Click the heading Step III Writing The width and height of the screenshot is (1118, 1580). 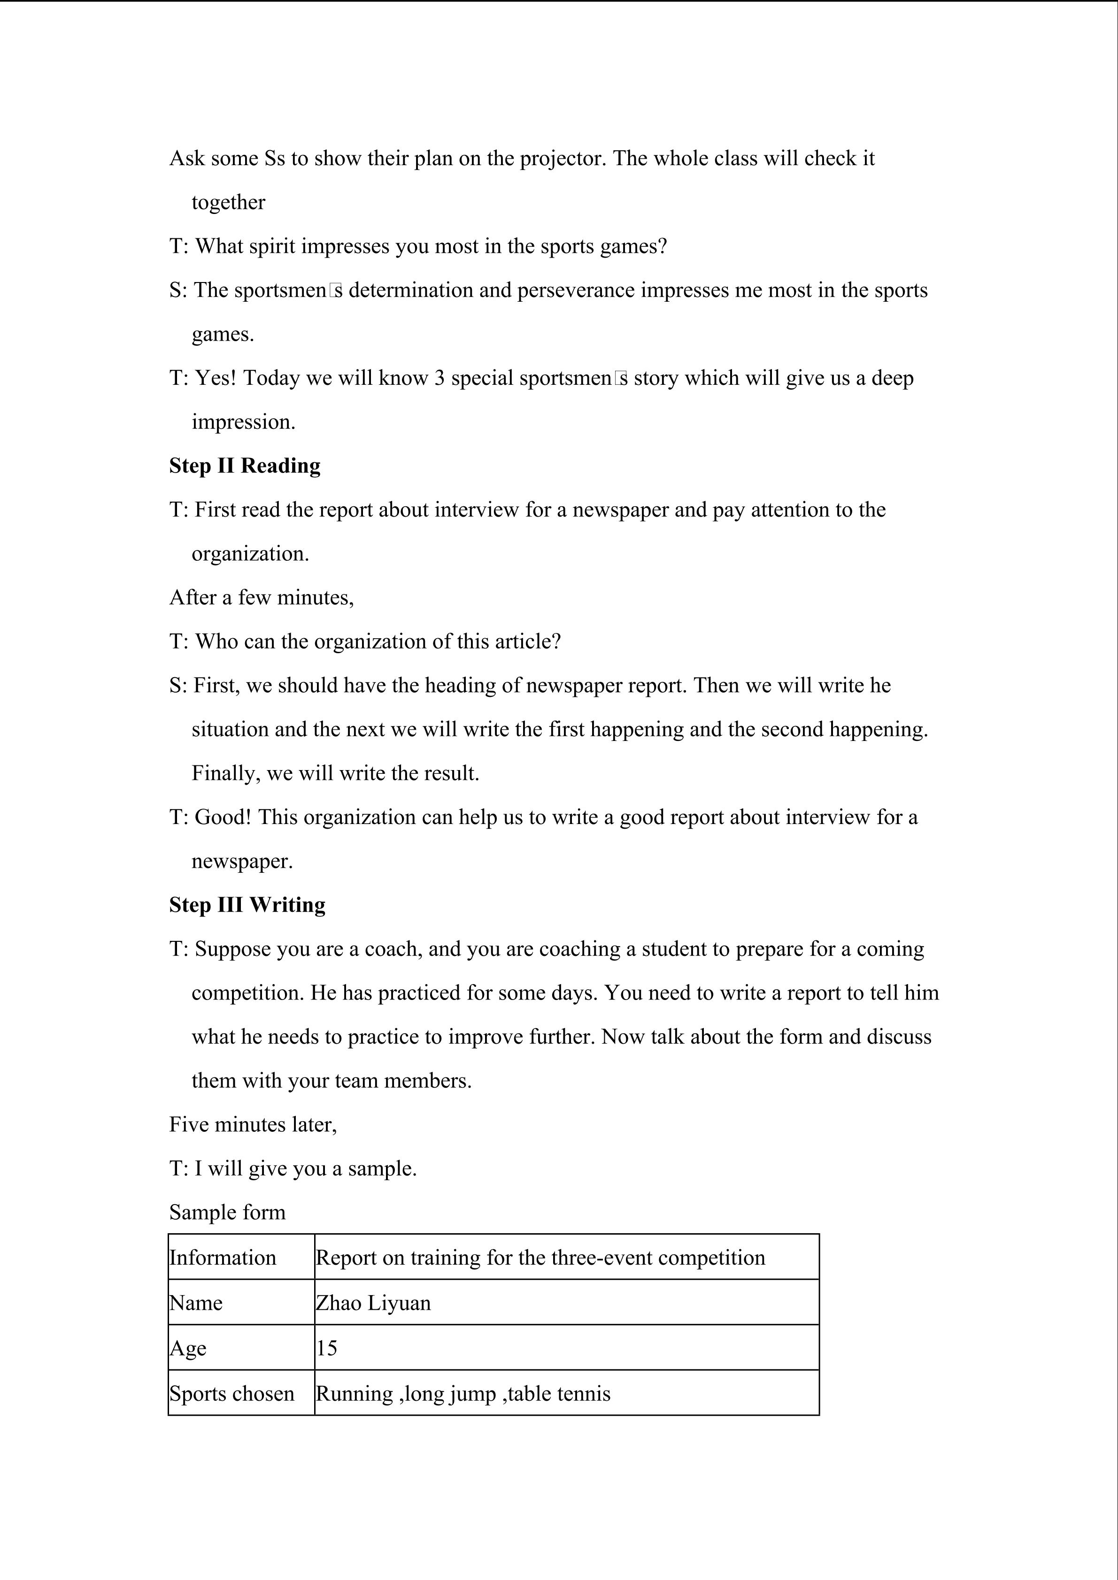click(247, 905)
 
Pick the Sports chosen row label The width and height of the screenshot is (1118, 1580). click(232, 1394)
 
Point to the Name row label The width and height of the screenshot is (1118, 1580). click(196, 1303)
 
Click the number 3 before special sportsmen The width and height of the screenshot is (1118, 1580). click(439, 379)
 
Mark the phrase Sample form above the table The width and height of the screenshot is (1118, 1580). click(227, 1213)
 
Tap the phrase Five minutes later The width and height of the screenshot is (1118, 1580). click(253, 1124)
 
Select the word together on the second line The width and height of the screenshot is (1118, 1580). click(228, 202)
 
